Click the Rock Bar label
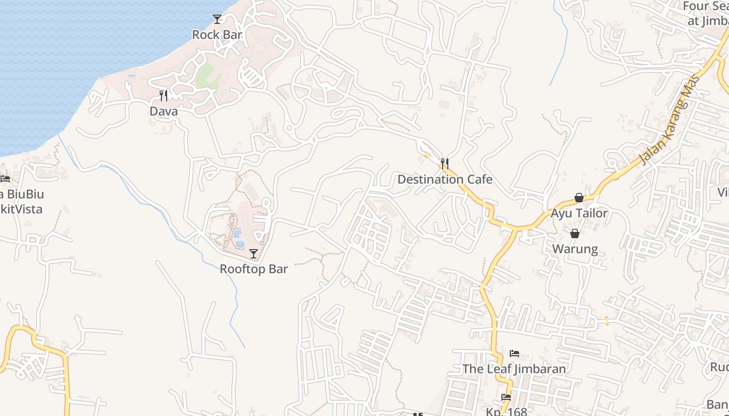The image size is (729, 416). click(x=217, y=35)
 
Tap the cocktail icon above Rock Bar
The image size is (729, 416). click(x=217, y=19)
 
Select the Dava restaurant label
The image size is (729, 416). click(x=164, y=111)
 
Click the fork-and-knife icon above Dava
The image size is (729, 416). click(x=164, y=96)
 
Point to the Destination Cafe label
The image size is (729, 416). click(x=445, y=179)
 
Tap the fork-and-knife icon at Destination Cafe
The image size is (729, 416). click(x=444, y=164)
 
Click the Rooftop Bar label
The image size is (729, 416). click(x=254, y=269)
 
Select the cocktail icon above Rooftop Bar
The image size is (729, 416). click(x=254, y=254)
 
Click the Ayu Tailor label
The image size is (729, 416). click(x=579, y=213)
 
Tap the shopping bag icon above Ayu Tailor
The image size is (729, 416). click(x=579, y=198)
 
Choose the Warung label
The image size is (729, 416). click(x=575, y=249)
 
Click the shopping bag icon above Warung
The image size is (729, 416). click(x=575, y=233)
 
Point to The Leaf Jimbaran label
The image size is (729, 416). click(x=514, y=369)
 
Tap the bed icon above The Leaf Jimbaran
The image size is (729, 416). click(x=514, y=354)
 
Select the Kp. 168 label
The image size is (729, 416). click(x=506, y=411)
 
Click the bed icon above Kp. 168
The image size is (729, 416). click(x=506, y=397)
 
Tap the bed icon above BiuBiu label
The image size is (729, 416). click(x=5, y=179)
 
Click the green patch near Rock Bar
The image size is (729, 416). click(x=207, y=76)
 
